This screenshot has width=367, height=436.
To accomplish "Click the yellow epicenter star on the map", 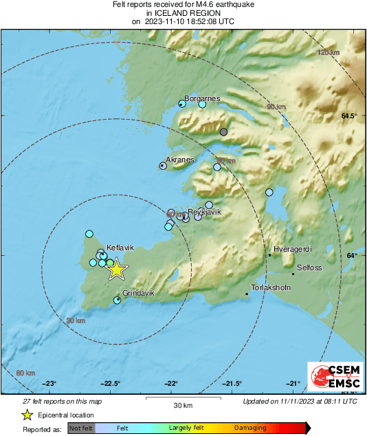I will (117, 269).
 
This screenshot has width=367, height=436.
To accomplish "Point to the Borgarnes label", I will (202, 98).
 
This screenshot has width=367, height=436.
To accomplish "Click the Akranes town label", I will (180, 160).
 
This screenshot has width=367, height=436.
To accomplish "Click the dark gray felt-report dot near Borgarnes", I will (223, 132).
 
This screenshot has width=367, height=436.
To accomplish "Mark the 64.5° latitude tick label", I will (349, 116).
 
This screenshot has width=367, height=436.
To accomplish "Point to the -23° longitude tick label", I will (49, 384).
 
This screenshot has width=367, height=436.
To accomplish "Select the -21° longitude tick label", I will (293, 384).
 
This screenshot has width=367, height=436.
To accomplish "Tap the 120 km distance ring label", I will (329, 53).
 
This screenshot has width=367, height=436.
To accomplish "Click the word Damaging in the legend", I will (249, 428).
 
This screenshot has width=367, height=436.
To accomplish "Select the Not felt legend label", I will (81, 428).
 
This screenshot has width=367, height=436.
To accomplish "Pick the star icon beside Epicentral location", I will (27, 415).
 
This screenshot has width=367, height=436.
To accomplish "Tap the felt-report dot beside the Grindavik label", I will (117, 300).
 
